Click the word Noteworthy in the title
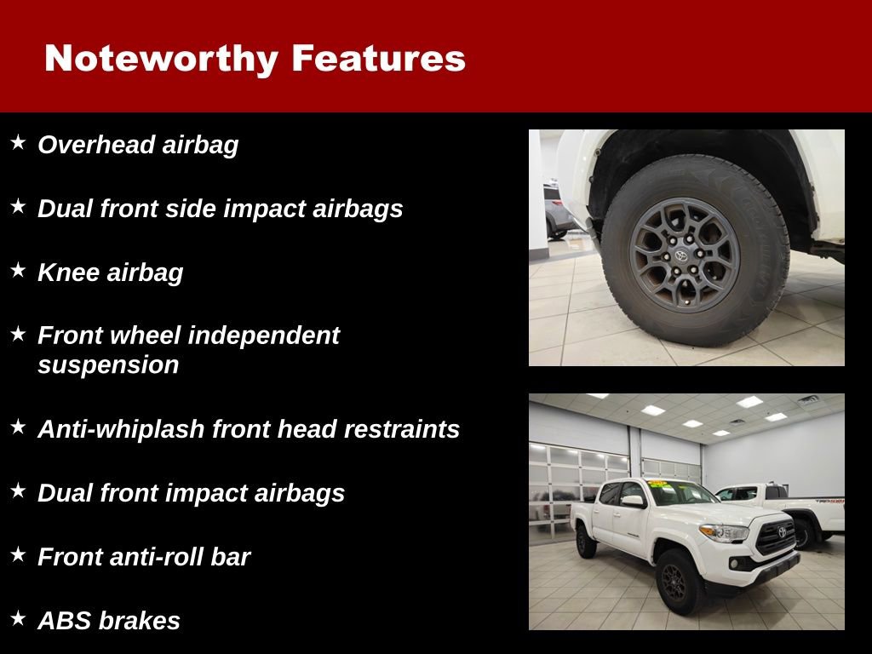click(161, 59)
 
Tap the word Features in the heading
click(378, 59)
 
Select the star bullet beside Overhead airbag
click(18, 142)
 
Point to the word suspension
click(108, 365)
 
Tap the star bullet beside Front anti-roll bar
click(18, 554)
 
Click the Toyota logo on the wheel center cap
click(680, 255)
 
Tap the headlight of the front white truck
click(724, 532)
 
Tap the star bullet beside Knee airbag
click(18, 270)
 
